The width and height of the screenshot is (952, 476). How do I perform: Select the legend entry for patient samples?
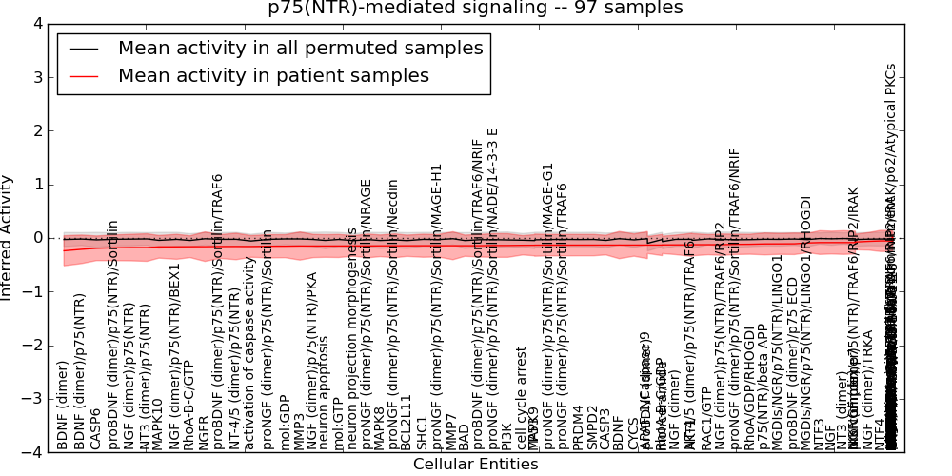(x=273, y=75)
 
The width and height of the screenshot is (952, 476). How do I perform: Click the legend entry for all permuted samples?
(x=300, y=48)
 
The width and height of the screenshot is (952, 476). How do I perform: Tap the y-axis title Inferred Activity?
(x=9, y=237)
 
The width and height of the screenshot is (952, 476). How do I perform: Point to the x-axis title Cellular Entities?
(x=475, y=465)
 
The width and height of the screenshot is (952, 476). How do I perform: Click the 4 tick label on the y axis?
(x=36, y=24)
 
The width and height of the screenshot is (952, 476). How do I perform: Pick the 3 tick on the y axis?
(x=36, y=77)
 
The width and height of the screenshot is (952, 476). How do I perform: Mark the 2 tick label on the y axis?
(x=36, y=130)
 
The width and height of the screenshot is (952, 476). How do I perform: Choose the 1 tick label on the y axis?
(x=36, y=185)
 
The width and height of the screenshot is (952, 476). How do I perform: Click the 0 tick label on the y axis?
(x=36, y=238)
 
